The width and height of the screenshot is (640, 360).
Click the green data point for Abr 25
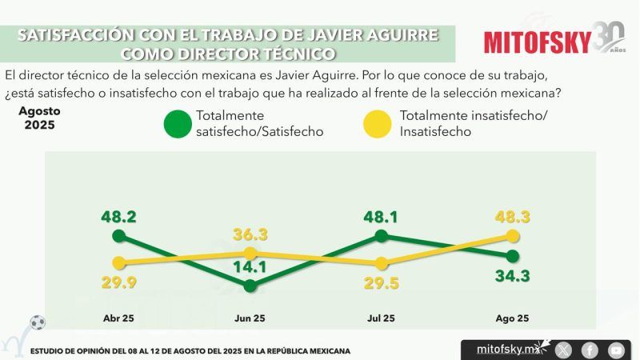(119, 235)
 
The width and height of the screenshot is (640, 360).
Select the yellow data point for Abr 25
(119, 262)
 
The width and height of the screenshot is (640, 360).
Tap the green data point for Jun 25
(250, 285)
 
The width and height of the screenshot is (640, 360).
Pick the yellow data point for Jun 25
(250, 253)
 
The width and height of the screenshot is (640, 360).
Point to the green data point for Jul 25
(382, 235)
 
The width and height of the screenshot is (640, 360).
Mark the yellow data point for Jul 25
(382, 263)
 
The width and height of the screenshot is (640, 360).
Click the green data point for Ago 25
(513, 256)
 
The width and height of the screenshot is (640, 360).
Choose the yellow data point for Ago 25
(513, 235)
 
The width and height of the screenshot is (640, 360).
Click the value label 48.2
(118, 216)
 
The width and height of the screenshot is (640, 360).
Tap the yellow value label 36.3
(250, 234)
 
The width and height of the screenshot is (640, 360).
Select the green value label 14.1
(250, 267)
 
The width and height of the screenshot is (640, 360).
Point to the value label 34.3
(513, 277)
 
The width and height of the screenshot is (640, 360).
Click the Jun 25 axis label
(250, 318)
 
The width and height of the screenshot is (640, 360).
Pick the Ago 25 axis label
(513, 318)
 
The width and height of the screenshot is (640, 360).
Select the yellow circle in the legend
(378, 124)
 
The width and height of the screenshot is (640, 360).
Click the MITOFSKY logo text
(538, 42)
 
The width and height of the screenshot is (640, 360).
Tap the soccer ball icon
(38, 323)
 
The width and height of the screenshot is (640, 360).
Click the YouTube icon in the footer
(616, 350)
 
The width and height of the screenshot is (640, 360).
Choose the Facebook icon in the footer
(590, 350)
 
